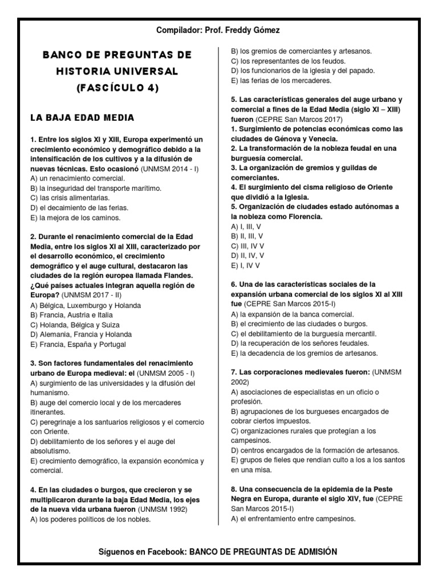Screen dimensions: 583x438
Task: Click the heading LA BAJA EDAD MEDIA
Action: point(82,118)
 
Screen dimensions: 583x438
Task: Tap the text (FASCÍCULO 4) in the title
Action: point(117,88)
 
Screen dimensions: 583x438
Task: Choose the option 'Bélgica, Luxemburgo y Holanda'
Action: point(85,305)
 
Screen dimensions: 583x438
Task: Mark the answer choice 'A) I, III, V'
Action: point(246,226)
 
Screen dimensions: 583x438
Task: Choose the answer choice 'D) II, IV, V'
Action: point(247,256)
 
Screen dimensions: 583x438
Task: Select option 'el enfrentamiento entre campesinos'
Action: point(294,519)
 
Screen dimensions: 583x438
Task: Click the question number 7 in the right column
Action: point(233,372)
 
